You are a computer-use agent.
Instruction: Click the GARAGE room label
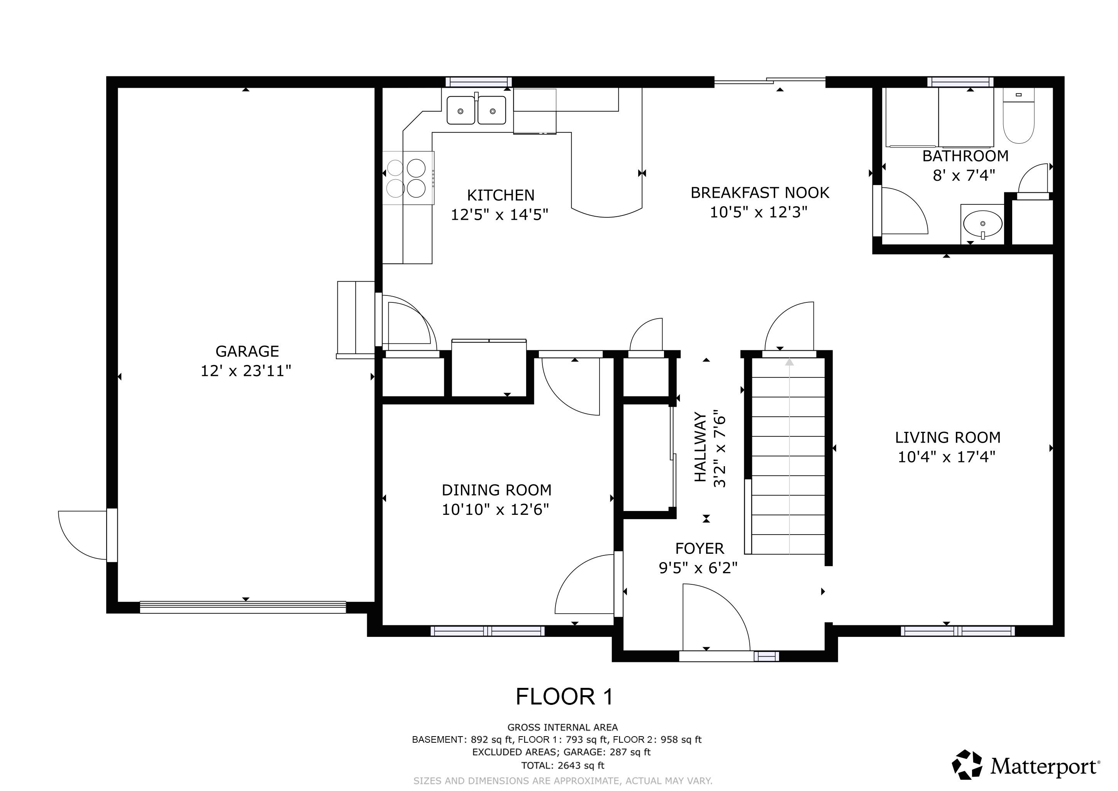tap(247, 351)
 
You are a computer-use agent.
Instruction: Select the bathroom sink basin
tap(982, 224)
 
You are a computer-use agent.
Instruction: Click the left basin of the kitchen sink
tap(460, 110)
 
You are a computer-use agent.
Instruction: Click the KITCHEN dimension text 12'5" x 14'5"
tap(499, 215)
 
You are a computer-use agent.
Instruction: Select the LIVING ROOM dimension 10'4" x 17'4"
tap(946, 457)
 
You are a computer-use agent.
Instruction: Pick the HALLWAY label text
tap(700, 447)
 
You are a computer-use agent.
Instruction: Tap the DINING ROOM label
tap(496, 490)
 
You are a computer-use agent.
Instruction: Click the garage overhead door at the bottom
tap(242, 608)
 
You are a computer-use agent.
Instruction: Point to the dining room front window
tap(488, 631)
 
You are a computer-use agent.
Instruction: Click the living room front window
tap(957, 631)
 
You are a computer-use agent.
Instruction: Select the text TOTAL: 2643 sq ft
tap(562, 765)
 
